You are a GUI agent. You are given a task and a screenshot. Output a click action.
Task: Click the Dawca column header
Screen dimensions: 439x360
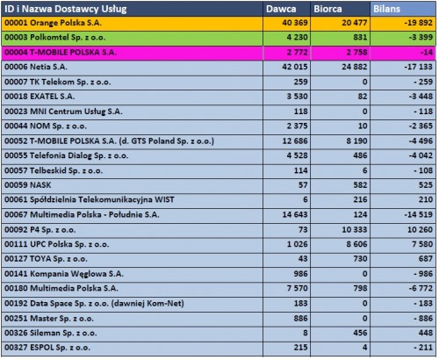click(281, 9)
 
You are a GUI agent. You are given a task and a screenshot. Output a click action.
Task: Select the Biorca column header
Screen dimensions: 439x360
click(327, 9)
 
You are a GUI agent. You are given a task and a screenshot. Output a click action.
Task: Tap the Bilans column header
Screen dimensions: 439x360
click(386, 9)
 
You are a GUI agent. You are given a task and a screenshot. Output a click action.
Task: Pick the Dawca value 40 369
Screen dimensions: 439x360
click(295, 23)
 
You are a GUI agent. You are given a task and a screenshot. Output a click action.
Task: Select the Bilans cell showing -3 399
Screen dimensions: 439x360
click(421, 38)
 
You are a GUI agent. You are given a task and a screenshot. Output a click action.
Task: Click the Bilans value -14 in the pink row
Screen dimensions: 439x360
click(427, 53)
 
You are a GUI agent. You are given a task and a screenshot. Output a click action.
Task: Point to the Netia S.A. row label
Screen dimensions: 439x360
click(36, 67)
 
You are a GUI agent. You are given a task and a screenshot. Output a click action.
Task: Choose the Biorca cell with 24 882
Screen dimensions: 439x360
click(355, 67)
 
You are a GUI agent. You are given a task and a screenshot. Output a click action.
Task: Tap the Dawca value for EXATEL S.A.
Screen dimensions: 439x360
click(297, 97)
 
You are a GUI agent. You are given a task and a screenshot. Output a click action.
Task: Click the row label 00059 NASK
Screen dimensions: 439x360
click(28, 185)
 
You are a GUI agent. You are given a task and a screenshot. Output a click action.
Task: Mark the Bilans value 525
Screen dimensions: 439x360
click(426, 185)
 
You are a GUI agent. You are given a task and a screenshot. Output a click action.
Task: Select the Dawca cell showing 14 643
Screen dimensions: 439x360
click(295, 214)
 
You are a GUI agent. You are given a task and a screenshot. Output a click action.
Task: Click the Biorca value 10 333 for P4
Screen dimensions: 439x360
click(355, 229)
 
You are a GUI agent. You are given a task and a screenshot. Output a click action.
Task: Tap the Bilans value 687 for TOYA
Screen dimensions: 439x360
click(426, 259)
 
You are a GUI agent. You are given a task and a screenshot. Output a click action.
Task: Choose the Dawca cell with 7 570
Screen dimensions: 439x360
click(297, 288)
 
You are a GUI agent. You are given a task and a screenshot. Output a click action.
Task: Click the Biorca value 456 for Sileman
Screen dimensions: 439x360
click(360, 333)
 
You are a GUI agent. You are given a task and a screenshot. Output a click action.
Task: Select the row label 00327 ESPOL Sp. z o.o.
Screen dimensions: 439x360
click(47, 348)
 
